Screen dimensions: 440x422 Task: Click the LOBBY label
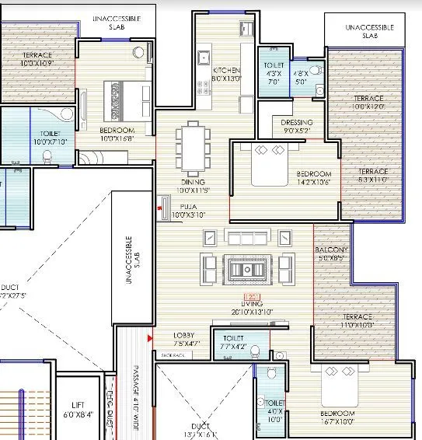(x=186, y=335)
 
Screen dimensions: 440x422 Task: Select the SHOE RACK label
(x=173, y=354)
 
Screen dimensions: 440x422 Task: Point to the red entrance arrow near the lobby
(x=148, y=337)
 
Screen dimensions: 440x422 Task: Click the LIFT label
(x=78, y=405)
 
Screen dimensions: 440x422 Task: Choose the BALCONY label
(x=332, y=250)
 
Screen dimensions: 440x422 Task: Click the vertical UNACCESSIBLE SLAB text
(x=133, y=251)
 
